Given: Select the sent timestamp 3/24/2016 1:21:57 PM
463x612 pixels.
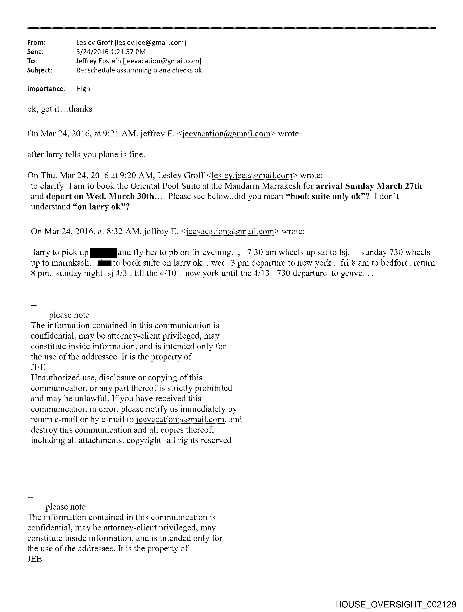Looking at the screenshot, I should click(111, 52).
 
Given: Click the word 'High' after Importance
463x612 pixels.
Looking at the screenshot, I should click(83, 89).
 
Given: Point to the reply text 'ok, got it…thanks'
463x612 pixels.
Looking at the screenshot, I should click(60, 109).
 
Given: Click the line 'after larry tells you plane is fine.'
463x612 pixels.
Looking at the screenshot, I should click(86, 154).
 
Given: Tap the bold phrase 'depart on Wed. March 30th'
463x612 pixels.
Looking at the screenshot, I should click(100, 196).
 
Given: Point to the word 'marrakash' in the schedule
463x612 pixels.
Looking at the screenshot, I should click(71, 263).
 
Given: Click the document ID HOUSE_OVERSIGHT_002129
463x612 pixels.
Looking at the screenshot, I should click(395, 604).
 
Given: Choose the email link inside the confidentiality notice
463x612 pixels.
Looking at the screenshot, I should click(180, 419).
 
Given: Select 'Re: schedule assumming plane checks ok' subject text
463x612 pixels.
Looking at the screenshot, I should click(139, 70).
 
